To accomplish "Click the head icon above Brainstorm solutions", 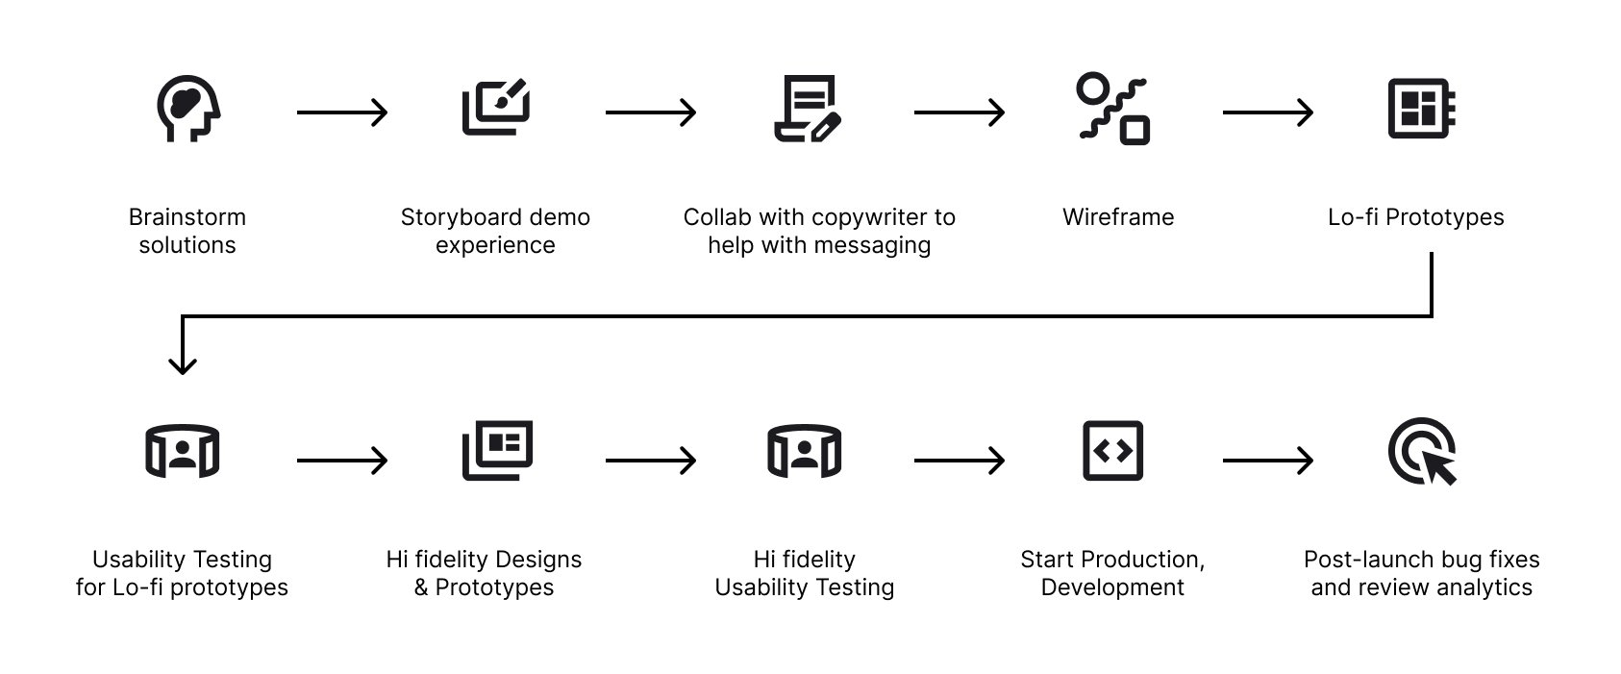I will (x=188, y=109).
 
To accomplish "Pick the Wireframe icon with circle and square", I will (x=1113, y=109).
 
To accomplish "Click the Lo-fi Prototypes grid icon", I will (x=1421, y=109).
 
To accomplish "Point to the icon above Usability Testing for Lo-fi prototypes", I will (x=182, y=451).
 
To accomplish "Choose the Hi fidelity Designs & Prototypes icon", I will (x=497, y=449).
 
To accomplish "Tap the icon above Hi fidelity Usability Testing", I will (x=805, y=451).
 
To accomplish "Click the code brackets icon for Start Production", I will (x=1112, y=450).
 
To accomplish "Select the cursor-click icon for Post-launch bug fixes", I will (x=1423, y=451).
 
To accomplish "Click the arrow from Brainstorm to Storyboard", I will (x=341, y=112).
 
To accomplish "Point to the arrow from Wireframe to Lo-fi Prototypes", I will (x=1267, y=112).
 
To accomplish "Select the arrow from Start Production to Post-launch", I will (x=1267, y=461).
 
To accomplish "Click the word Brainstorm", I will (x=187, y=217).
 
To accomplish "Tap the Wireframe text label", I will (x=1117, y=217).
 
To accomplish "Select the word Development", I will (x=1112, y=587).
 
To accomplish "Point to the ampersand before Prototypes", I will (x=421, y=587).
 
